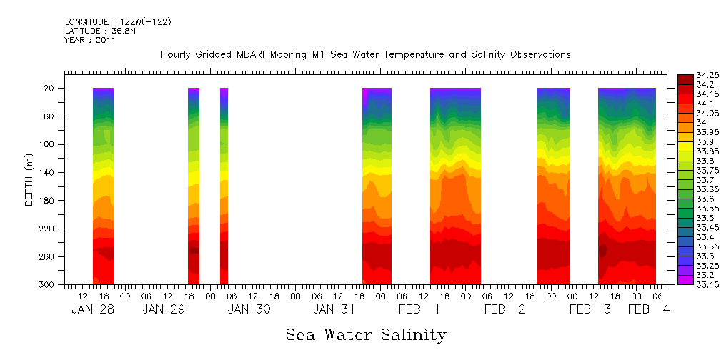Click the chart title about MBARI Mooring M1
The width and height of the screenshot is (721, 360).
pyautogui.click(x=365, y=55)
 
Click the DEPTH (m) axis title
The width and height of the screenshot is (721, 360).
pyautogui.click(x=29, y=182)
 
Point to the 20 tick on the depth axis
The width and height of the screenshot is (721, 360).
pyautogui.click(x=50, y=89)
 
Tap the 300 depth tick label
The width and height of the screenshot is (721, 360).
pyautogui.click(x=47, y=285)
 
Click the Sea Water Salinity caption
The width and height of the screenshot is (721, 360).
pyautogui.click(x=366, y=334)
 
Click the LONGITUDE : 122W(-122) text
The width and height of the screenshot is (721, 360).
pyautogui.click(x=117, y=22)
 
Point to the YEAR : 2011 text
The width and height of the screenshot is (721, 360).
pyautogui.click(x=90, y=41)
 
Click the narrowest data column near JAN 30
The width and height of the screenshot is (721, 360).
pyautogui.click(x=224, y=186)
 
